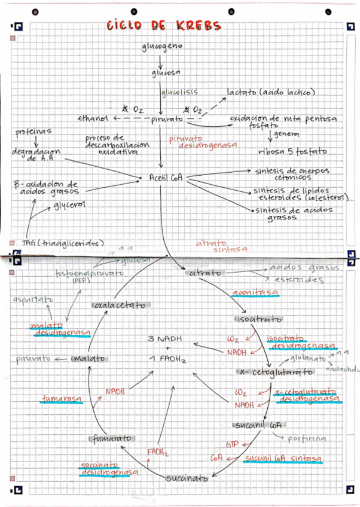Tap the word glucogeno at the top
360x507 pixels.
pos(162,46)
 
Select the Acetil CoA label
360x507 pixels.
pos(166,178)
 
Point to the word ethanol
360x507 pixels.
pos(92,119)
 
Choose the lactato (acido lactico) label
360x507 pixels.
pos(270,92)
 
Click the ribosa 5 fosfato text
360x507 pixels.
pos(288,151)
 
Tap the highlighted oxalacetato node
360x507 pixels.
pos(120,306)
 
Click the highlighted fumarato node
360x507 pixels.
pos(112,438)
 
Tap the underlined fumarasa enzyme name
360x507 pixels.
pos(62,398)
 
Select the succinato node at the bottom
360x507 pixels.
pos(187,478)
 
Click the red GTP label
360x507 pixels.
pos(232,445)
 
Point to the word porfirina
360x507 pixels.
pos(307,438)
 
